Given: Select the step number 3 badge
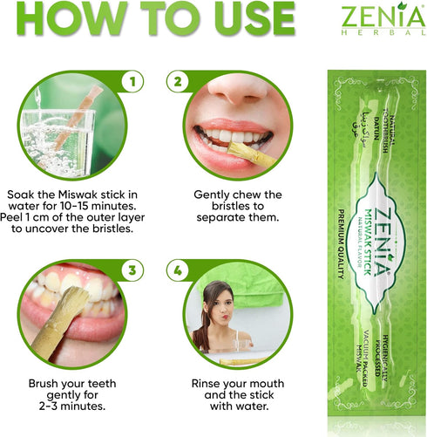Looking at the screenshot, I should (x=133, y=271).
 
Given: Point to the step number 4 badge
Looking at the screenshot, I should (x=178, y=271).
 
